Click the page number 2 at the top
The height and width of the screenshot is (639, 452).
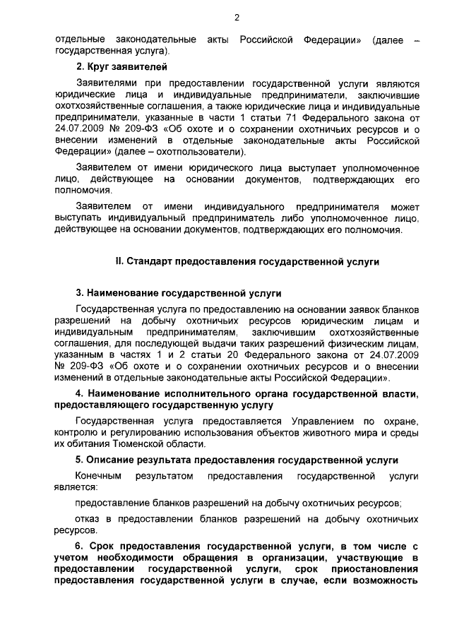[x=237, y=18]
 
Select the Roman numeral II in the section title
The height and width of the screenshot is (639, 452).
[x=119, y=261]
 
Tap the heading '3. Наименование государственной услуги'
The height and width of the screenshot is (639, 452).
[x=179, y=292]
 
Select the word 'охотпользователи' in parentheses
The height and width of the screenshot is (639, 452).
[x=205, y=152]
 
